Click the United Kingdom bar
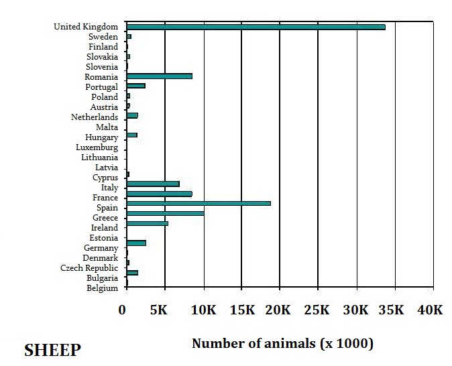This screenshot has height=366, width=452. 256,27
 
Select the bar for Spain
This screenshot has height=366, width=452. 199,203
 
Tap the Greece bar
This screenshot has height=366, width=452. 165,213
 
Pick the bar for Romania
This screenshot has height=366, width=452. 159,76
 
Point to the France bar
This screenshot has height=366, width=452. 159,194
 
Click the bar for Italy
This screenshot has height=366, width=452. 153,184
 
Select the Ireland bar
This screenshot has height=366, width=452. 147,223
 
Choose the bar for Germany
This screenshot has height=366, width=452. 136,243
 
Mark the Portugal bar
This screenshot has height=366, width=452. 135,86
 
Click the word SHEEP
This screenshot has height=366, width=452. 52,351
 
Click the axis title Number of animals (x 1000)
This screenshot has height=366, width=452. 282,344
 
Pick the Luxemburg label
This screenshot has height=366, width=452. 97,147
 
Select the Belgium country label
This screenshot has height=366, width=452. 102,288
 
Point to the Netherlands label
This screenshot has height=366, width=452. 94,117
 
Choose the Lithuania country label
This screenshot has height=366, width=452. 99,158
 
